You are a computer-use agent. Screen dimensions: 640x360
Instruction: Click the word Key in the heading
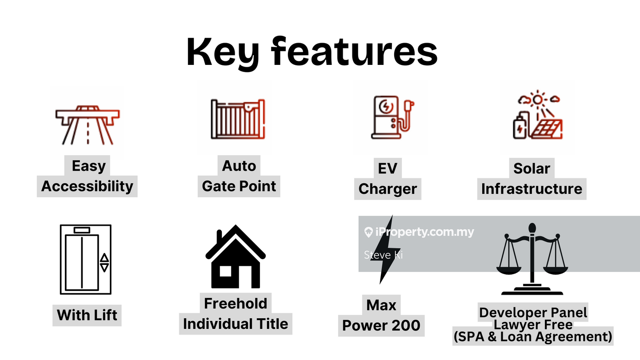coord(223,53)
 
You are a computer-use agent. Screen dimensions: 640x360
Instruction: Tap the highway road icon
coord(88,125)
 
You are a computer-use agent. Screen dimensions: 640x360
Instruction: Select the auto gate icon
coord(238,119)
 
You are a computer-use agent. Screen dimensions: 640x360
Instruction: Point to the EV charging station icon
coord(392,117)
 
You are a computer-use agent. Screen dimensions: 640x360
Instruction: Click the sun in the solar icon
coord(538,100)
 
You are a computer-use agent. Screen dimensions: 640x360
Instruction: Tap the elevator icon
coord(86,260)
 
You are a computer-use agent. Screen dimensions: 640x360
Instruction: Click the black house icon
coord(236,256)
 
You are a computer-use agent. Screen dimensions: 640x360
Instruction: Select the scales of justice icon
coord(532,259)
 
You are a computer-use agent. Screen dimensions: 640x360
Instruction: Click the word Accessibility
coord(87,186)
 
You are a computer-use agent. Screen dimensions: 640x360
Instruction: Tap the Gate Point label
coord(239,186)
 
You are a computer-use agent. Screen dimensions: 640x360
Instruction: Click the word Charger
coord(388,189)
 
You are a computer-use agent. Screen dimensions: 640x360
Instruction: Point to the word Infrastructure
coord(532,189)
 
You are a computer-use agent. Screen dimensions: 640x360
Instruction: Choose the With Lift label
coord(87,315)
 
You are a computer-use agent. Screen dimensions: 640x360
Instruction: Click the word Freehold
coord(236,303)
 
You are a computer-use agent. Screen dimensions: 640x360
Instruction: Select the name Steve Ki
coord(383,255)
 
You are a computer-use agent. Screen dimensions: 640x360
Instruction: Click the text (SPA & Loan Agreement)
coord(533,336)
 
